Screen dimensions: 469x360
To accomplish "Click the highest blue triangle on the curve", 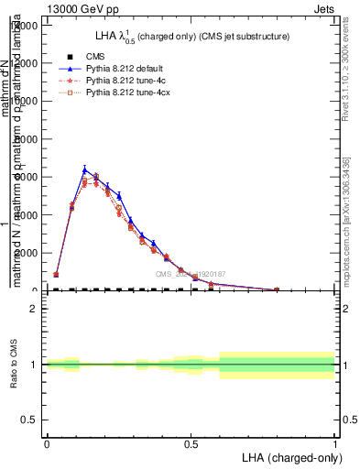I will click(84, 169).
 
